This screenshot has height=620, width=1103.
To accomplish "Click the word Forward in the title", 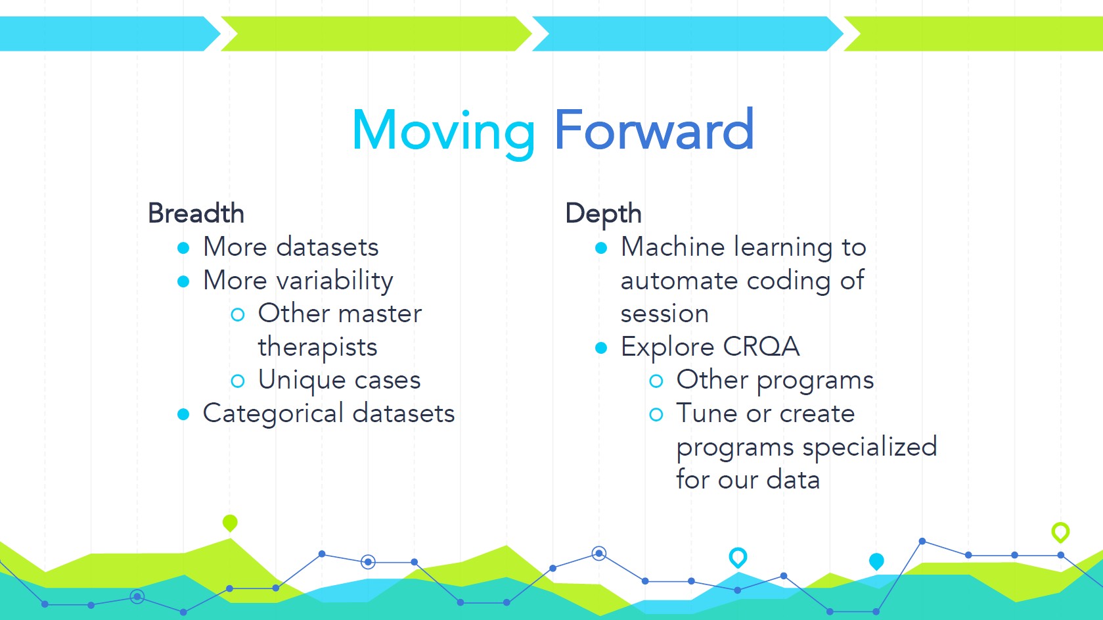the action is click(654, 129).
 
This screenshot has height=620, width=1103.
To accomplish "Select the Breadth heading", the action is click(196, 214).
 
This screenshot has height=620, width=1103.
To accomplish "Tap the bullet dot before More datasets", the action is click(183, 248).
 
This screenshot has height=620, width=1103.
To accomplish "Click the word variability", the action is click(335, 281).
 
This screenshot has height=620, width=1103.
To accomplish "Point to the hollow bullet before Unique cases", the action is click(238, 381).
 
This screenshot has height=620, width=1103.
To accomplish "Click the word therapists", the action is click(317, 347).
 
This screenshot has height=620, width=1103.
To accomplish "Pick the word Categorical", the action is click(273, 414).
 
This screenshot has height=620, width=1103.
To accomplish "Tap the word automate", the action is click(679, 281).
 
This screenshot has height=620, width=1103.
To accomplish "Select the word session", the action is click(664, 314).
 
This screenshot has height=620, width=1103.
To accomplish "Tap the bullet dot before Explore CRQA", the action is click(600, 348).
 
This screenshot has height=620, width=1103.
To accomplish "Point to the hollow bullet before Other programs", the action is click(656, 381).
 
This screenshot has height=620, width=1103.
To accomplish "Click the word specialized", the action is click(870, 447).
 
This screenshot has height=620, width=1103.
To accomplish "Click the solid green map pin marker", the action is click(230, 523).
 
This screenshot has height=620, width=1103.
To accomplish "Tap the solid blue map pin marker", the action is click(876, 561).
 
